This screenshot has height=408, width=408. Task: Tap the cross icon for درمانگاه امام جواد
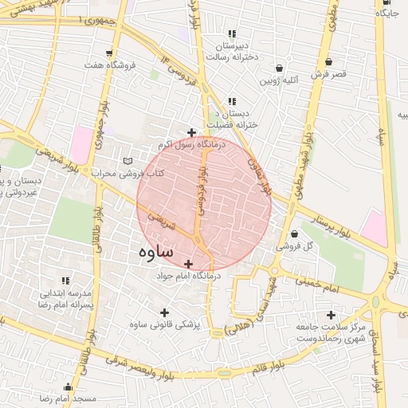(x=189, y=263)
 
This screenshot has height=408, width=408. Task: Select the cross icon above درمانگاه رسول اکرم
(x=191, y=132)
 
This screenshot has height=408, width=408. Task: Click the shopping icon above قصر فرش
(x=329, y=61)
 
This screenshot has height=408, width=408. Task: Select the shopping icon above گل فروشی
(x=294, y=234)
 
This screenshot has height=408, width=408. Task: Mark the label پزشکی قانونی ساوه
(x=165, y=325)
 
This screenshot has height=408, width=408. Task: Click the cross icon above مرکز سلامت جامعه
(x=331, y=315)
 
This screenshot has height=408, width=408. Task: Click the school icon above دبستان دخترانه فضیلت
(x=232, y=102)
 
